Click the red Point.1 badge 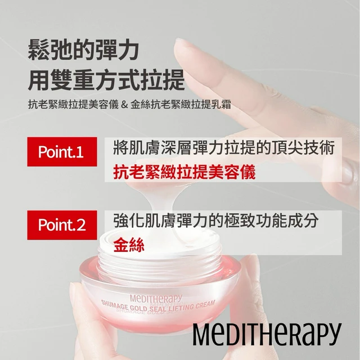[62, 152]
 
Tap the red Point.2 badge [62, 225]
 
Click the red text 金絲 [129, 245]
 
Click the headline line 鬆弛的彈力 [83, 50]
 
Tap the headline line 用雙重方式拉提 [106, 80]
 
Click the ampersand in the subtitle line [124, 105]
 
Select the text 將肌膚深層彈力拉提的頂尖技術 [224, 147]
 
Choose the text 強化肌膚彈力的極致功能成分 [216, 220]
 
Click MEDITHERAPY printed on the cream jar [156, 298]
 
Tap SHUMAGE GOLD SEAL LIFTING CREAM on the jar [158, 305]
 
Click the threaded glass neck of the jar [160, 264]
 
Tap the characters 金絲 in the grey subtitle [141, 105]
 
